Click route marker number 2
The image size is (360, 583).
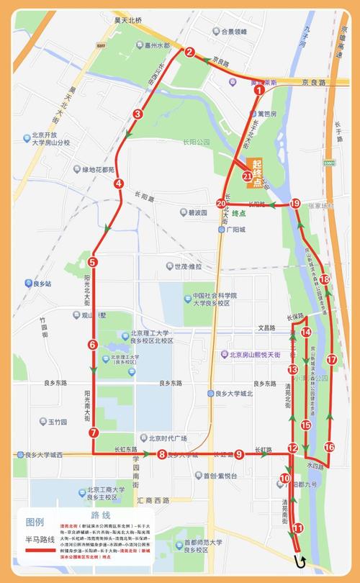[x=190, y=52]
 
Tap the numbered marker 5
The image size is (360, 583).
[x=93, y=262]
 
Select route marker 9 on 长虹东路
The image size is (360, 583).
[x=238, y=453]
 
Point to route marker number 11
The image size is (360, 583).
[x=299, y=529]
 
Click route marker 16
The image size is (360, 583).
[x=329, y=447]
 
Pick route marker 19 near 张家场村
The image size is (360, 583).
[x=294, y=204]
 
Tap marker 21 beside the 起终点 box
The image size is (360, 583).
[x=248, y=176]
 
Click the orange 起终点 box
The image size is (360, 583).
[x=256, y=173]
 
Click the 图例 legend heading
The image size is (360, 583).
[x=35, y=522]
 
